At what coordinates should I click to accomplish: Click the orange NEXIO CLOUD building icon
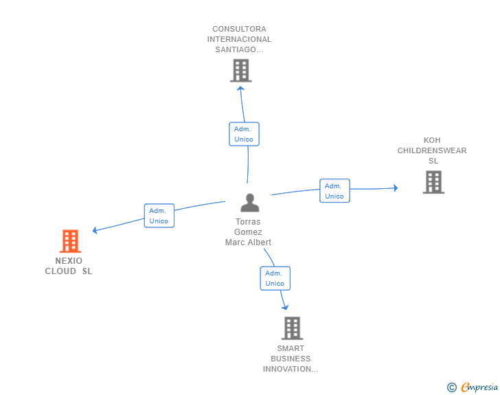[x=70, y=241]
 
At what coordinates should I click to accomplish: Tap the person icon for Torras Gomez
[x=250, y=203]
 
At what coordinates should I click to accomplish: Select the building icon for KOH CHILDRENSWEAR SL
[x=433, y=182]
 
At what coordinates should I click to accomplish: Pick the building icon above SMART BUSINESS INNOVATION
[x=292, y=328]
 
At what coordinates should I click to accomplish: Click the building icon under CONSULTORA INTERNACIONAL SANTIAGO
[x=240, y=70]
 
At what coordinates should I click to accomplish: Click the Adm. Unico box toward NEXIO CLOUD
[x=159, y=216]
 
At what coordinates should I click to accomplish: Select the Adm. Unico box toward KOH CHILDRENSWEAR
[x=334, y=191]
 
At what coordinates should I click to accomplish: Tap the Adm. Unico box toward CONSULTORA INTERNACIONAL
[x=244, y=134]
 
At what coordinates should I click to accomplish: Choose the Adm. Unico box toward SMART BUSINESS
[x=275, y=278]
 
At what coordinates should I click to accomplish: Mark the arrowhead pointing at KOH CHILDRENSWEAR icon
[x=394, y=188]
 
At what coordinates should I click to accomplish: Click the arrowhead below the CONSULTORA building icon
[x=240, y=87]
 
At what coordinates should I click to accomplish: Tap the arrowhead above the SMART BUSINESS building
[x=284, y=307]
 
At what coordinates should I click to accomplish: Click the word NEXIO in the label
[x=69, y=261]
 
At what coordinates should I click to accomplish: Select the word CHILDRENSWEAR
[x=432, y=150]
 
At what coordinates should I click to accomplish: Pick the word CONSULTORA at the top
[x=239, y=29]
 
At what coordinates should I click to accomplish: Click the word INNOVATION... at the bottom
[x=291, y=369]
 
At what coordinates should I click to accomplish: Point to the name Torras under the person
[x=248, y=222]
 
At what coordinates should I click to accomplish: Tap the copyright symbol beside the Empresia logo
[x=451, y=387]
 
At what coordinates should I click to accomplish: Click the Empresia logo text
[x=479, y=387]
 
